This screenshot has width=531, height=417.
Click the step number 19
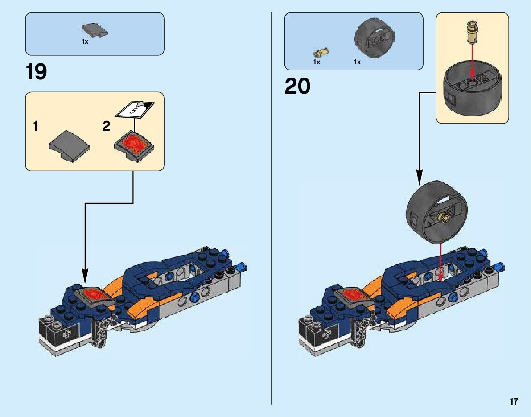click(x=36, y=72)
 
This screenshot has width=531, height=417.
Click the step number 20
click(x=297, y=86)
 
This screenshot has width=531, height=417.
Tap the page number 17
click(x=514, y=402)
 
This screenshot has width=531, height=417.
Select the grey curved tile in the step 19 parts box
click(x=95, y=31)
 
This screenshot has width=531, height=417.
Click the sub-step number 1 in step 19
click(x=35, y=127)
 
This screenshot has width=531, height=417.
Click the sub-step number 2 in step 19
click(x=106, y=127)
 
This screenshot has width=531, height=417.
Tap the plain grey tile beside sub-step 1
click(x=69, y=143)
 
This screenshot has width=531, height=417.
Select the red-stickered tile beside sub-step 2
click(x=135, y=145)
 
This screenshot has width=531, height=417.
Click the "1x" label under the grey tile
click(x=85, y=41)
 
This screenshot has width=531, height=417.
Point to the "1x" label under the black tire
click(x=357, y=62)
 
